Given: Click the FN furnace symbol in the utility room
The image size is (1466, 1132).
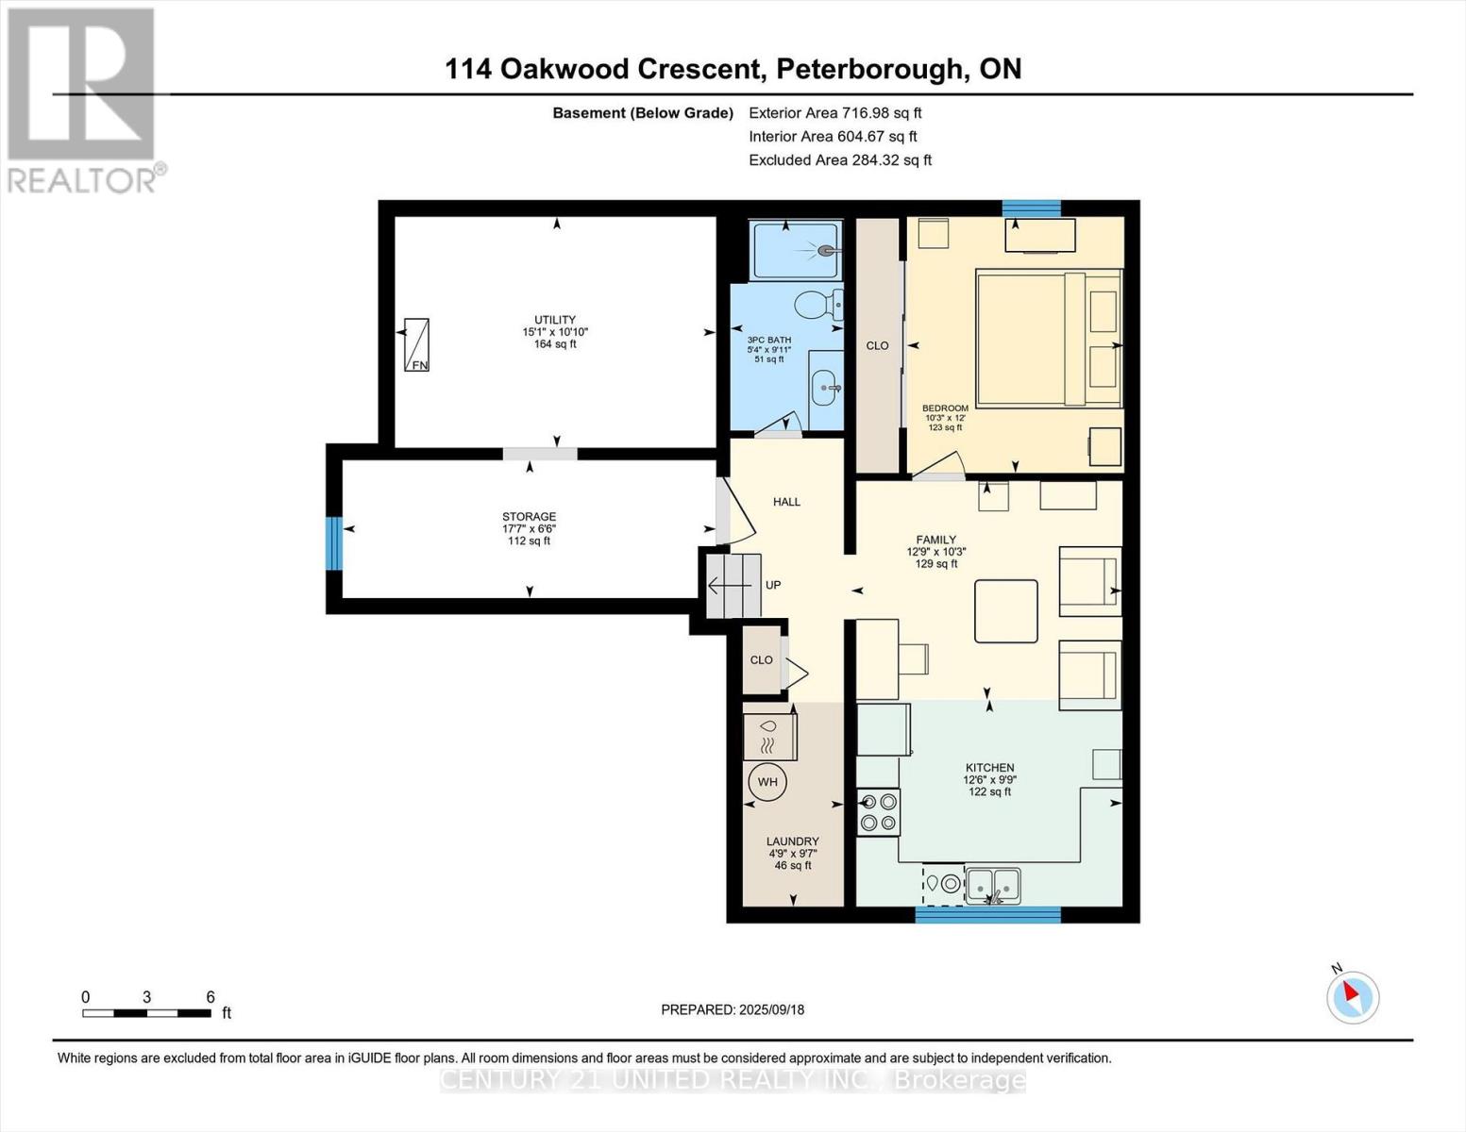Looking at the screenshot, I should click(x=416, y=344).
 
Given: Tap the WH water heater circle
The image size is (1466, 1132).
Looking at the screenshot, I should click(x=767, y=782).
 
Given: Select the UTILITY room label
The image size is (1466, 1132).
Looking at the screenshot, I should click(x=555, y=321).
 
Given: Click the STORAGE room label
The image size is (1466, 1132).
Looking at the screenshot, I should click(x=529, y=517).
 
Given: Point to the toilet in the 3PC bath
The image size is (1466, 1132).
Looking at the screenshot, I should click(x=815, y=305).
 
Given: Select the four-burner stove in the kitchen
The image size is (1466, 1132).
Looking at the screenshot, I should click(x=878, y=812).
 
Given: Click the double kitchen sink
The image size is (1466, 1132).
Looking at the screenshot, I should click(x=993, y=885).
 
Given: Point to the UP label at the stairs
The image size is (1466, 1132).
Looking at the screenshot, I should click(x=773, y=585).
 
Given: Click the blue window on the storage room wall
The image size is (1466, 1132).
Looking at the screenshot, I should click(x=333, y=542).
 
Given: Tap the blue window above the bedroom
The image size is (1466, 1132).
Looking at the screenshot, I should click(x=1031, y=208).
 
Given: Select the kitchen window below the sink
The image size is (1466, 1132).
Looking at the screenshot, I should click(x=987, y=913).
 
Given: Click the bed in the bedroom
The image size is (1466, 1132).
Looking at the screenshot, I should click(x=1048, y=339).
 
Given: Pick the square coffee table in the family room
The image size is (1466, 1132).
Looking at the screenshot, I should click(x=1006, y=611).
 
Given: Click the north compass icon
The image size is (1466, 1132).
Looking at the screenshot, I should click(x=1353, y=996).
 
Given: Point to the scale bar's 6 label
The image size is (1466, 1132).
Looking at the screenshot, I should click(x=211, y=997).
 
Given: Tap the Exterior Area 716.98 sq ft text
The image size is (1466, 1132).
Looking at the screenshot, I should click(x=834, y=112).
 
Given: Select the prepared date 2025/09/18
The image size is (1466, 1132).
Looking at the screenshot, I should click(x=771, y=1009).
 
